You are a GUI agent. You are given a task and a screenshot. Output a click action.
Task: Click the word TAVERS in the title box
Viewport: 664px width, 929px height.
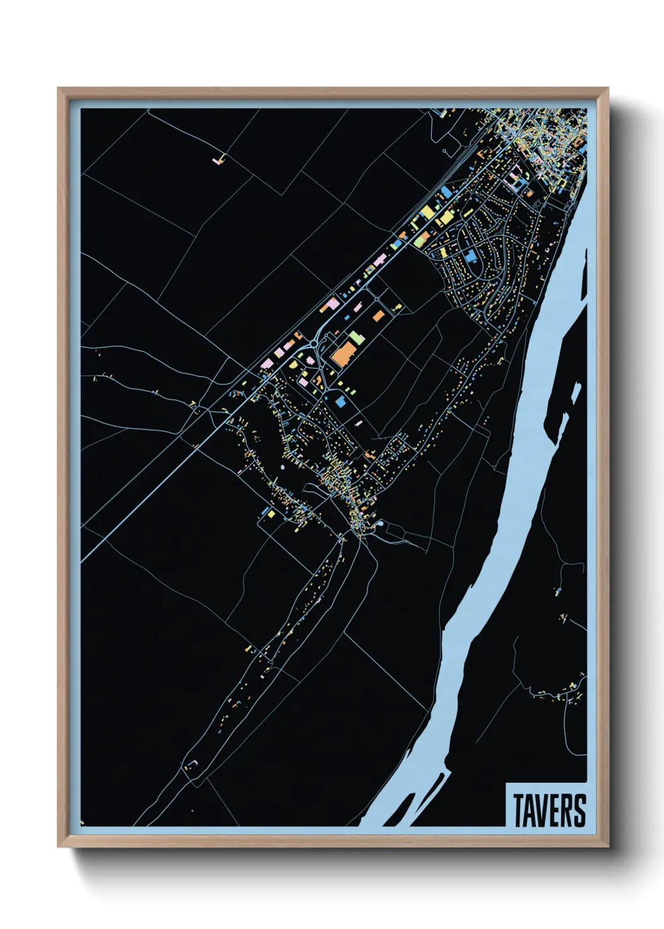549,810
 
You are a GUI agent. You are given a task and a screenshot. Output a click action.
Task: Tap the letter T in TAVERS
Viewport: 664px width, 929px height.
520,810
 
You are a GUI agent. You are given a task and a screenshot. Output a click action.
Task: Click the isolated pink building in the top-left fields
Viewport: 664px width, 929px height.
218,160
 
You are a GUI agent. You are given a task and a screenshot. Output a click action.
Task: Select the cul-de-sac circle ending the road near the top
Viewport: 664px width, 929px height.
445,151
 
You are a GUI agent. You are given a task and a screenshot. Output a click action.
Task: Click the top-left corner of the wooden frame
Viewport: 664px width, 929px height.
59,89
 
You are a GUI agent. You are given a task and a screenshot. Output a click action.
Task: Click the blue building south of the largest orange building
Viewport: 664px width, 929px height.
341,402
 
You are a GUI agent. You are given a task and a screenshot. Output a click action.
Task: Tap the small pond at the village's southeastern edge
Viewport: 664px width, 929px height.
381,523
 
